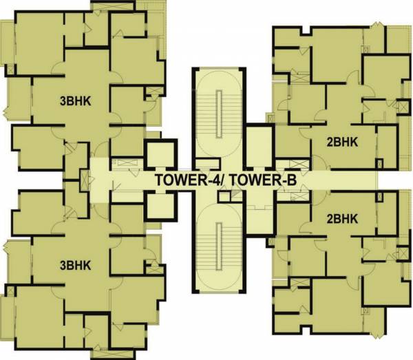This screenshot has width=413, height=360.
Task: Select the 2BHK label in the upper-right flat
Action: pos(341,142)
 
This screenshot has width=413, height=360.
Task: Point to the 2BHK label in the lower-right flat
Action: pos(341,220)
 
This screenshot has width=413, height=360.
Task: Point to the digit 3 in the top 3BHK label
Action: pos(63,102)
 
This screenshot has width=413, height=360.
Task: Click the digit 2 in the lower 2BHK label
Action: pos(328,220)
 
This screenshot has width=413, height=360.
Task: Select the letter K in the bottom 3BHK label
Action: pos(89,264)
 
